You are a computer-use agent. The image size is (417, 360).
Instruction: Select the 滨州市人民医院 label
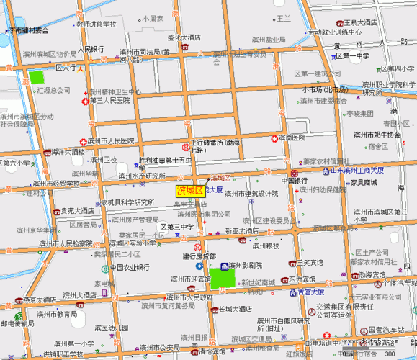coord(111,140)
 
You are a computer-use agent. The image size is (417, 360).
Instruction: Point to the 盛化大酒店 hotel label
coord(184,37)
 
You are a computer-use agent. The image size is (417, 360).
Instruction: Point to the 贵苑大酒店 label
coord(76,211)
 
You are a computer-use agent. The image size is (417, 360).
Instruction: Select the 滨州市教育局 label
coord(58,314)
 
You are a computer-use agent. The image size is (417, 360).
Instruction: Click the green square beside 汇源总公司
coord(35,76)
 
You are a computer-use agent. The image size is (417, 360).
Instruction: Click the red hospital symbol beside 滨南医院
coord(274,138)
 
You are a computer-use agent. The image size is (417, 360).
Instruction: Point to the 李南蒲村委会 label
coord(29,30)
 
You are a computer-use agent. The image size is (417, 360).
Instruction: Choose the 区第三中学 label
coord(177,228)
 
